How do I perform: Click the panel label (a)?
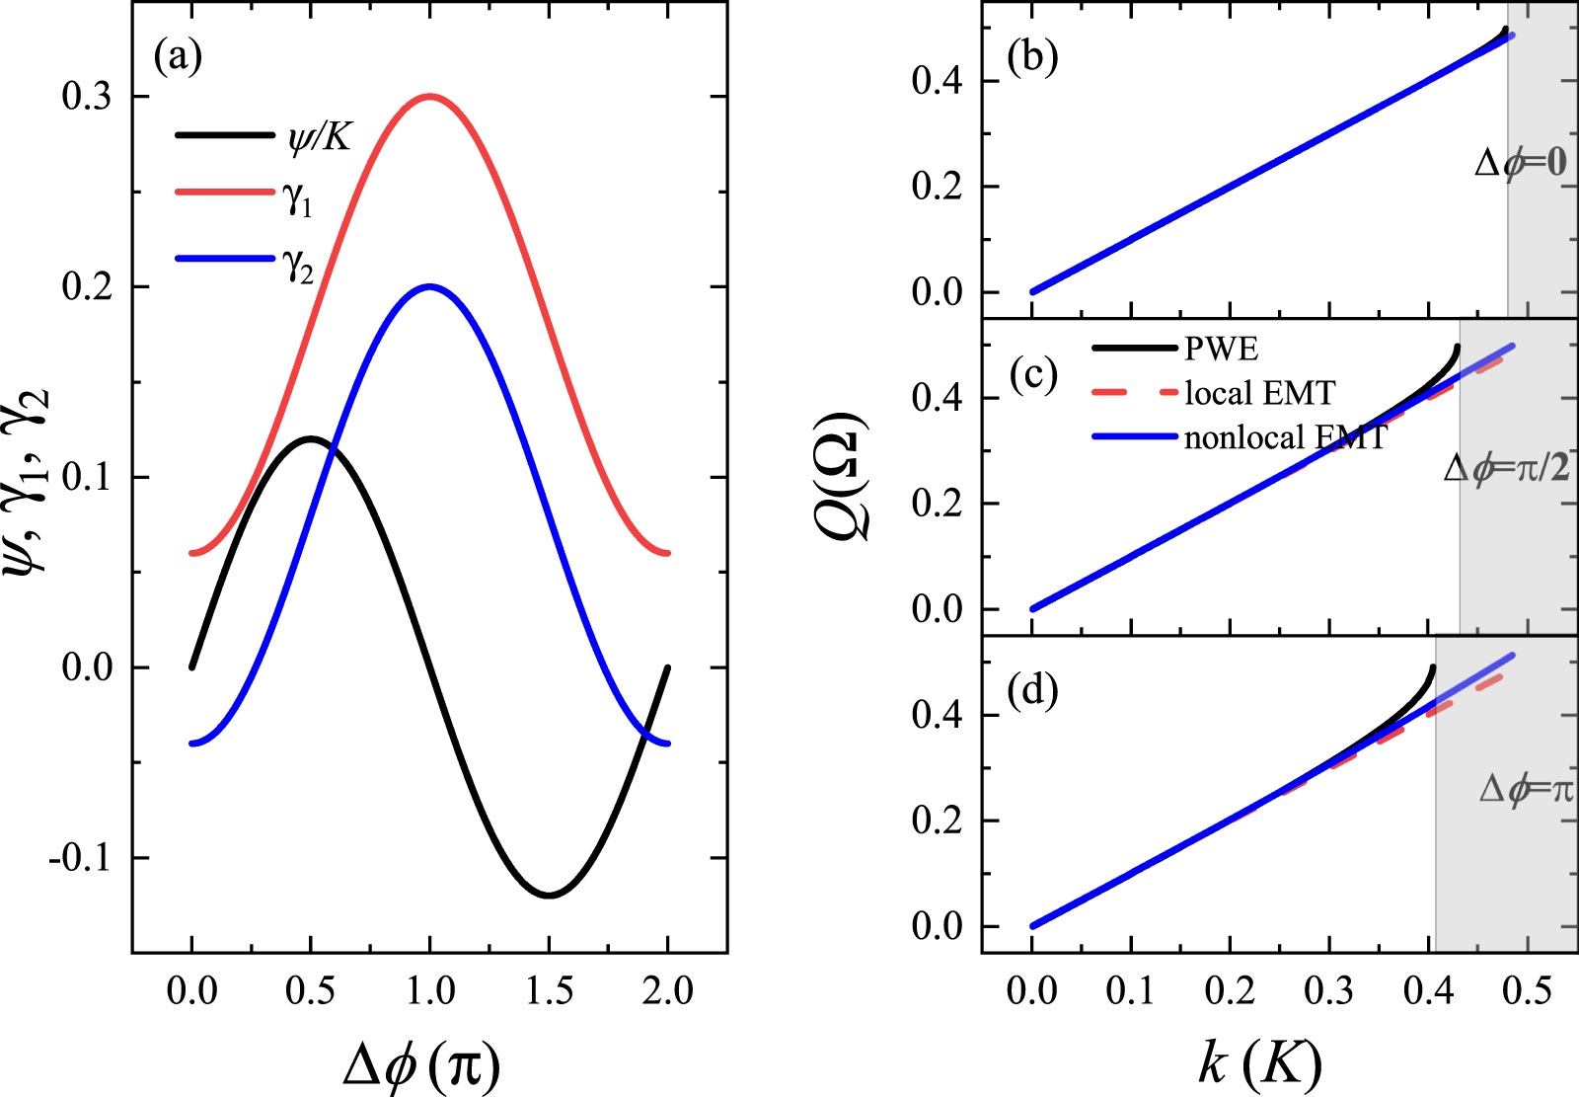(x=178, y=57)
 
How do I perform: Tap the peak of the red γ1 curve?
(x=429, y=97)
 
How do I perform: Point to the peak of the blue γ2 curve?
(x=429, y=287)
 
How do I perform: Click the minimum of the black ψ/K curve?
(x=549, y=895)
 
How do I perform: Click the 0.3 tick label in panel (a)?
(x=87, y=97)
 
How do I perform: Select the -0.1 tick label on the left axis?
(x=81, y=858)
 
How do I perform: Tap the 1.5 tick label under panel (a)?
(x=549, y=990)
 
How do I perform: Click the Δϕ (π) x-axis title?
(x=422, y=1065)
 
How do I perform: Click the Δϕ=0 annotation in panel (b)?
(x=1520, y=162)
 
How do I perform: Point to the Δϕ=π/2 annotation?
(x=1506, y=467)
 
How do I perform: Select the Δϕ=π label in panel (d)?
(x=1526, y=789)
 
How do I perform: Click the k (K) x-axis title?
(x=1260, y=1063)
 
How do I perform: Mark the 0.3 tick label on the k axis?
(x=1329, y=990)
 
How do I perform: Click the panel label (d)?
(x=1032, y=690)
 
